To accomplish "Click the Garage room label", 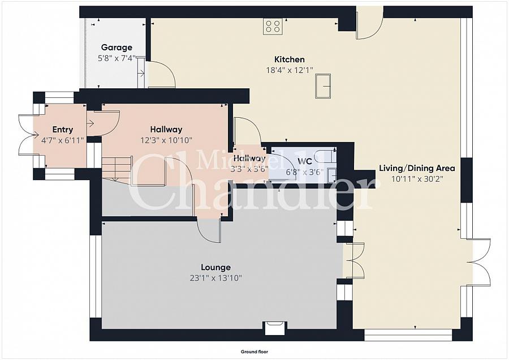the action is point(117,48).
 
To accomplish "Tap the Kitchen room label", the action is point(290,59).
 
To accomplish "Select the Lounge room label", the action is point(216,267).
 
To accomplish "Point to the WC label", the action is point(305,161).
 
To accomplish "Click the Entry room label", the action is point(63,130).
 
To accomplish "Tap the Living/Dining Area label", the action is point(417,168).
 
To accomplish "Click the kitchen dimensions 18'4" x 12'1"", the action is point(290,70).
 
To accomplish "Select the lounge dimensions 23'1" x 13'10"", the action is point(216,278).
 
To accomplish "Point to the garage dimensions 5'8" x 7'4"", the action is point(117,59).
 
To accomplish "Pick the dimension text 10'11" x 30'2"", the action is point(417,179).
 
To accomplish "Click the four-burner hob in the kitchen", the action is point(273,26).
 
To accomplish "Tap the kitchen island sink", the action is point(323,86).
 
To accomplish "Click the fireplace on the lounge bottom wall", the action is point(275,328).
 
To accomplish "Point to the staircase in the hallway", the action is point(117,168).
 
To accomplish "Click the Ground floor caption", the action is point(254,352).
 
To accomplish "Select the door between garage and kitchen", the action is point(161,74).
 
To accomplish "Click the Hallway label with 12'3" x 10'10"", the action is point(166,130).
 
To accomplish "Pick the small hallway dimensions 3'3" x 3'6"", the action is point(249,169).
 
